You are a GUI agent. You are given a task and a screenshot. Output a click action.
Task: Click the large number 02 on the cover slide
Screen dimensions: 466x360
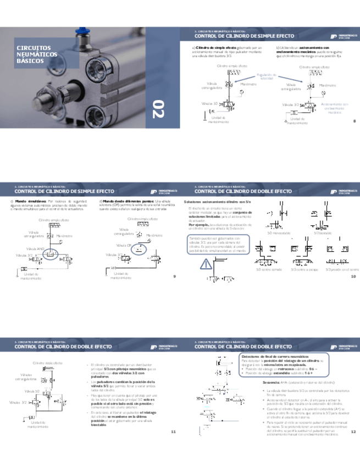(159, 109)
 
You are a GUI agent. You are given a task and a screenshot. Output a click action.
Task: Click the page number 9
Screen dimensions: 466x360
(174, 276)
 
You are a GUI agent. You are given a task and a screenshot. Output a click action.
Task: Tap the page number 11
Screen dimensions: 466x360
(173, 432)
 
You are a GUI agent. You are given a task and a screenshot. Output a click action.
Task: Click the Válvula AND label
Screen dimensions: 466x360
(37, 249)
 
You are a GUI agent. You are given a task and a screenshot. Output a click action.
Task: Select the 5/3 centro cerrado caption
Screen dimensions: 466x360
(268, 269)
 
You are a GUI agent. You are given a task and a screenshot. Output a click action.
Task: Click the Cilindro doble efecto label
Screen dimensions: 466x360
(48, 363)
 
